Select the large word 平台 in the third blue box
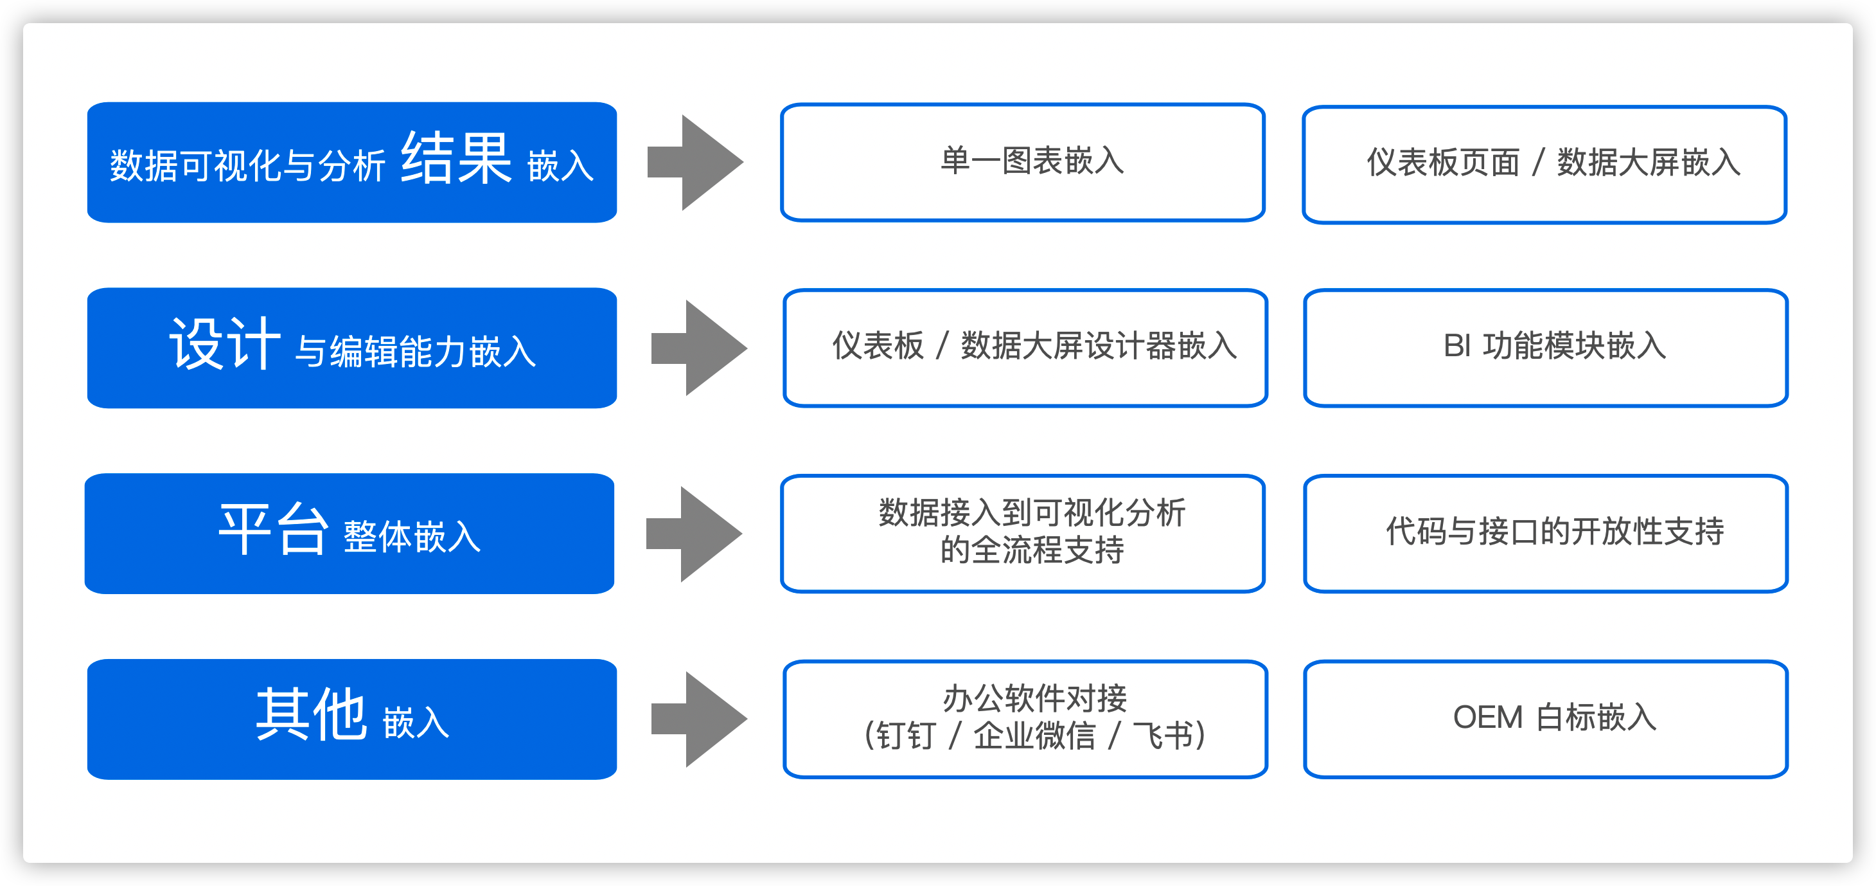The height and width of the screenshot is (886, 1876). pyautogui.click(x=273, y=530)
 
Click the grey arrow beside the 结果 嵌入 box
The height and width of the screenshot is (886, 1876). pyautogui.click(x=696, y=163)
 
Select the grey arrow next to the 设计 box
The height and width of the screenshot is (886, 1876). pyautogui.click(x=699, y=348)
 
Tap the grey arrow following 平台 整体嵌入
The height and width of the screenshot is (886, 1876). pyautogui.click(x=694, y=534)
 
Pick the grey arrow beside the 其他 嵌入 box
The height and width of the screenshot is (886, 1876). pyautogui.click(x=699, y=719)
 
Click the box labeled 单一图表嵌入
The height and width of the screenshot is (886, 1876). pyautogui.click(x=1022, y=163)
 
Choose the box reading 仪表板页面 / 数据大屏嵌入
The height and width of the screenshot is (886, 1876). pyautogui.click(x=1544, y=164)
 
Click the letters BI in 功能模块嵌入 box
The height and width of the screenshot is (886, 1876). pyautogui.click(x=1457, y=346)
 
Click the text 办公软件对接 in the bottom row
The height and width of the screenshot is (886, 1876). pyautogui.click(x=1034, y=699)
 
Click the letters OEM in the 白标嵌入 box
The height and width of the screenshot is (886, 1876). pyautogui.click(x=1487, y=718)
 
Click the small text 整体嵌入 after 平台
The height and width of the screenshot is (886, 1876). pyautogui.click(x=411, y=537)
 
